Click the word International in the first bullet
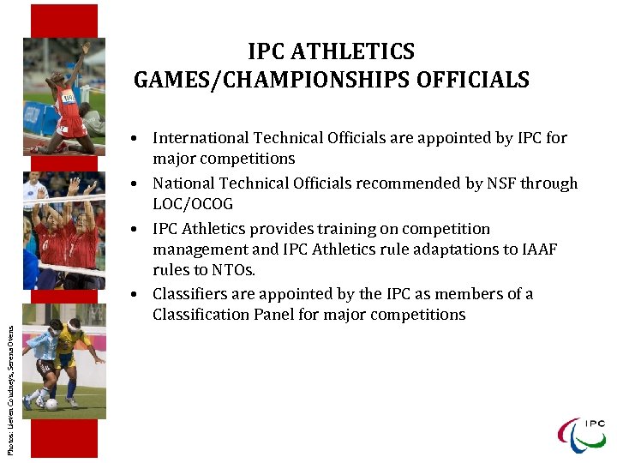pos(201,137)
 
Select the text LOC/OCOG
pos(193,204)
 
